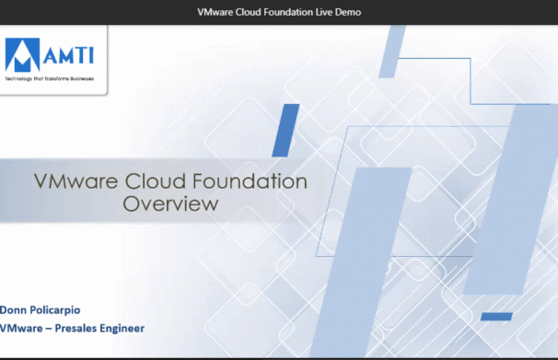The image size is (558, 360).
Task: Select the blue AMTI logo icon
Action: click(22, 54)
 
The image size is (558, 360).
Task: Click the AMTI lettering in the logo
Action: click(69, 55)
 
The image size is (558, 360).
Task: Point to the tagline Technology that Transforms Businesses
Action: click(50, 78)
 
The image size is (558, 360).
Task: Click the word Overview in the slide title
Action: click(170, 203)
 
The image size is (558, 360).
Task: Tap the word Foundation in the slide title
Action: click(250, 181)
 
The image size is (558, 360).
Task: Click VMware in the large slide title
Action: click(76, 181)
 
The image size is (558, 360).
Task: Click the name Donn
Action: click(13, 310)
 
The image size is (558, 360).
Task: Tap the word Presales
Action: click(75, 328)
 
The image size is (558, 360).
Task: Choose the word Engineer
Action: click(122, 329)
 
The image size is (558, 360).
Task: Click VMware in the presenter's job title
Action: click(21, 328)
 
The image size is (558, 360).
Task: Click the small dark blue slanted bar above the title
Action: click(285, 130)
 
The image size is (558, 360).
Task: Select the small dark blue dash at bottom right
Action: click(496, 316)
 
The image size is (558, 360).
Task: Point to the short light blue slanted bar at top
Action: click(392, 52)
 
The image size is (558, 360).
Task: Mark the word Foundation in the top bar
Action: click(288, 12)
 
